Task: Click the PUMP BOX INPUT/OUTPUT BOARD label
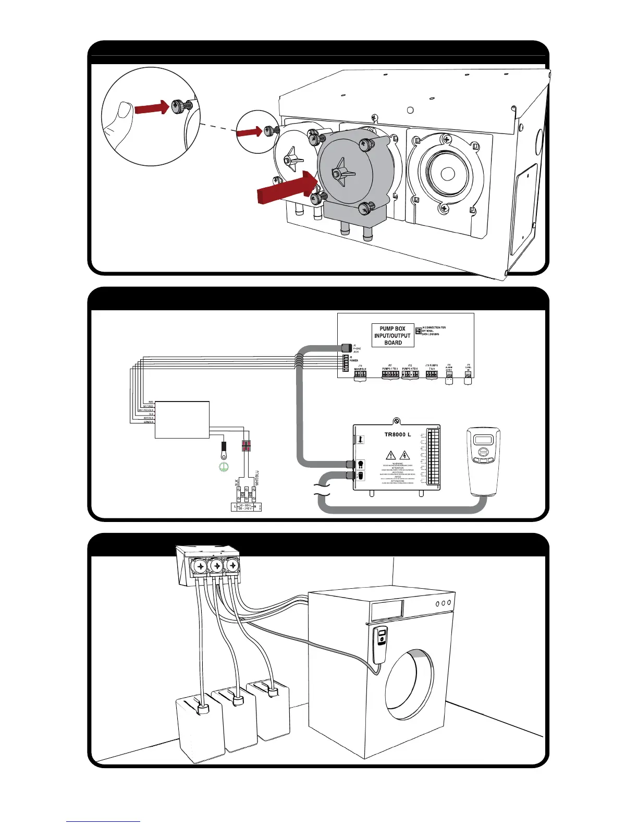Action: coord(393,336)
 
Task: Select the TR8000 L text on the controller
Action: coord(398,434)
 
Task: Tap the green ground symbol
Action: coord(224,467)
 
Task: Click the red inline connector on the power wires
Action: coord(246,446)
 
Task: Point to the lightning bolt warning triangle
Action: coord(404,456)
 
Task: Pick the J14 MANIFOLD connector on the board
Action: coord(360,375)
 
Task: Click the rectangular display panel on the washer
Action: coord(387,609)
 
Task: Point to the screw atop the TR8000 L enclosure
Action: coord(397,421)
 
